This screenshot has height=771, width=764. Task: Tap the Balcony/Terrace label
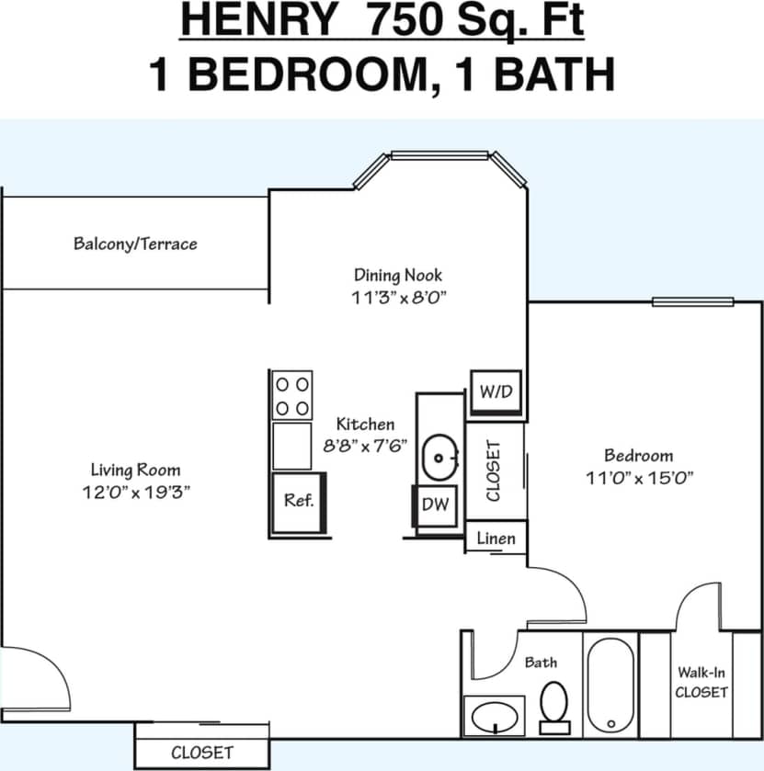[x=135, y=244]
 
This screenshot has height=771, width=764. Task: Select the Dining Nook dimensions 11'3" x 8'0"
[x=398, y=297]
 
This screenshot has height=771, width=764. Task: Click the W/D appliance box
[x=496, y=391]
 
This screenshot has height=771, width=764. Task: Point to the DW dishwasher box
[x=435, y=505]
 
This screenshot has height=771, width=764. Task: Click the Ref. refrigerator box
[x=299, y=502]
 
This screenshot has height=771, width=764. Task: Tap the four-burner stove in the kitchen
[x=292, y=395]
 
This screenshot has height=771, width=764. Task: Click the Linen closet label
[x=496, y=539]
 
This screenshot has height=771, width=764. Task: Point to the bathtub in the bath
[x=610, y=685]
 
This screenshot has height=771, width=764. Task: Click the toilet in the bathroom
[x=554, y=706]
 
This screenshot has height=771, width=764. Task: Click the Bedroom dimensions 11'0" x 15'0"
[x=638, y=477]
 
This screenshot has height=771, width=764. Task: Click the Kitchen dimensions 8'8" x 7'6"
[x=365, y=446]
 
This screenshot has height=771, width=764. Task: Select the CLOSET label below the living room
[x=202, y=752]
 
